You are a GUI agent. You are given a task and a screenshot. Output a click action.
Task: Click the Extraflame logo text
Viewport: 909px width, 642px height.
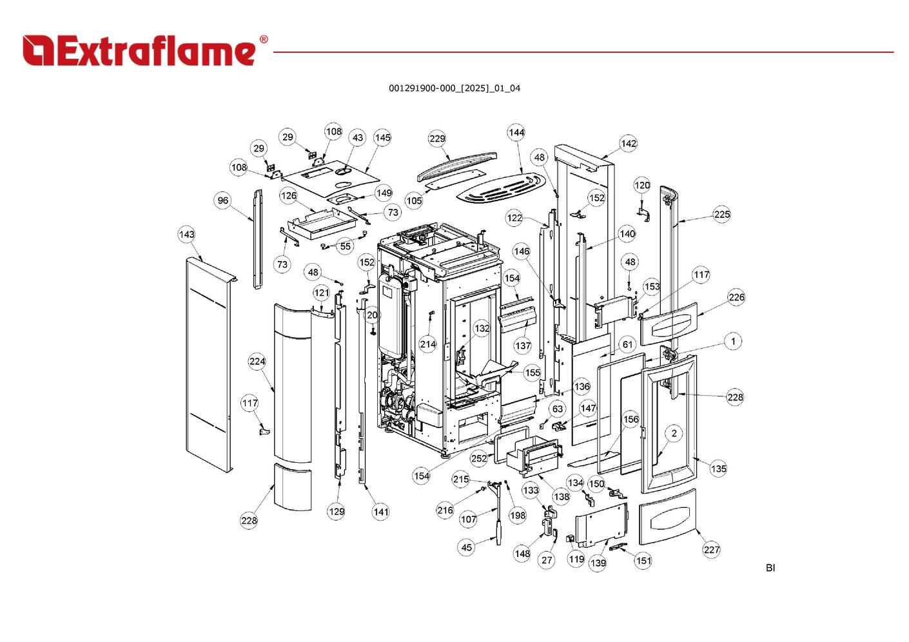click(139, 51)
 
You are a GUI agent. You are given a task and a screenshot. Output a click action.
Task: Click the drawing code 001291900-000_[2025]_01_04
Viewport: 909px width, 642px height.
click(454, 88)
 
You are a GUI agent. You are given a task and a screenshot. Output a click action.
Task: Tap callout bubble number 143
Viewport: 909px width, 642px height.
click(186, 235)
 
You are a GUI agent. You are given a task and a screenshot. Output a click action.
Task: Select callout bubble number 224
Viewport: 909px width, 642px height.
click(257, 362)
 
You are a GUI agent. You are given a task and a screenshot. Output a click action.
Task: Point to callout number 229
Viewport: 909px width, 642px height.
click(437, 139)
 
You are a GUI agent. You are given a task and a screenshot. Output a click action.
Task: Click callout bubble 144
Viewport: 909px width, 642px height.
click(516, 133)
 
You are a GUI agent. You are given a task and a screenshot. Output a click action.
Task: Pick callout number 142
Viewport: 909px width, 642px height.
click(628, 144)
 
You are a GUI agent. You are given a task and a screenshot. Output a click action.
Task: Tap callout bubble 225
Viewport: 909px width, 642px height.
click(722, 215)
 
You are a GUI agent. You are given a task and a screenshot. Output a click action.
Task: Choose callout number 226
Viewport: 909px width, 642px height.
click(736, 297)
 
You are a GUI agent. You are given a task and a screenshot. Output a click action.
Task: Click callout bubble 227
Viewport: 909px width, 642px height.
click(711, 550)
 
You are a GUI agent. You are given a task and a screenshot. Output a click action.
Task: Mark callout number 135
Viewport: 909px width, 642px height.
click(718, 469)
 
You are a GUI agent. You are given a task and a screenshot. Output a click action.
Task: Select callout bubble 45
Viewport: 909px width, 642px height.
click(466, 547)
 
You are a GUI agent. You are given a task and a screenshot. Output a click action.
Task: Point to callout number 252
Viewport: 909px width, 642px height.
click(479, 458)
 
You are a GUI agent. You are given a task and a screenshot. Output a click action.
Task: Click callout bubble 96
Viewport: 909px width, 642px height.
click(223, 200)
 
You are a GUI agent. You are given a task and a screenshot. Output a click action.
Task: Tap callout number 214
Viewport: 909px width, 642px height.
click(428, 344)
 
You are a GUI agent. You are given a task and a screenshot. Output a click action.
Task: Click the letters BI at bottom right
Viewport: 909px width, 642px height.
click(770, 568)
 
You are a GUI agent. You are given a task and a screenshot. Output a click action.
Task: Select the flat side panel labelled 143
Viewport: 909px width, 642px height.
click(206, 361)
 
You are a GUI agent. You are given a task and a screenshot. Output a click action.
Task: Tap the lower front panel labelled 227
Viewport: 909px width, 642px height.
click(668, 518)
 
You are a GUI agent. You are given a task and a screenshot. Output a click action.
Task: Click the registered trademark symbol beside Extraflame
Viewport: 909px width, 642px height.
click(263, 40)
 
